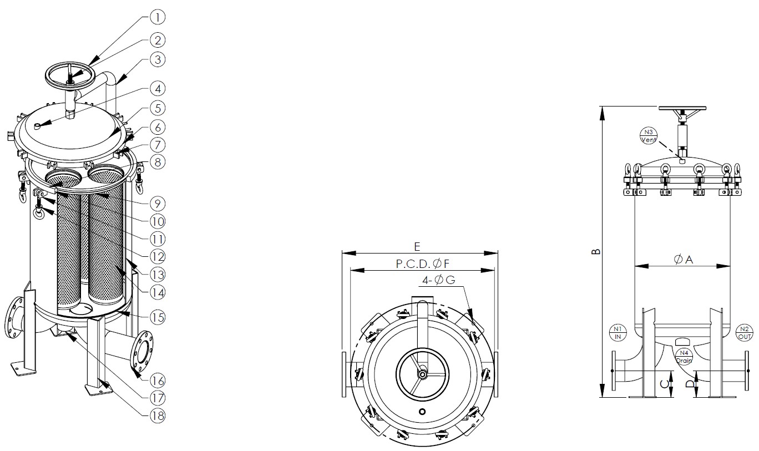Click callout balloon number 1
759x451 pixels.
158,17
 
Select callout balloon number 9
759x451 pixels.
158,204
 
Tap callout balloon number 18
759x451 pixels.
158,415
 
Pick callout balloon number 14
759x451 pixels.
158,292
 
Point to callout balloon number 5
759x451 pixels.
158,108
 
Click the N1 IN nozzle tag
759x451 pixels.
618,333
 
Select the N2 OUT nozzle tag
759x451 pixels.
745,333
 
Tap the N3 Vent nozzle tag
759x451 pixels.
648,136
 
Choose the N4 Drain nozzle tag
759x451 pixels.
684,357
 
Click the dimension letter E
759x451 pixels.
417,247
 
